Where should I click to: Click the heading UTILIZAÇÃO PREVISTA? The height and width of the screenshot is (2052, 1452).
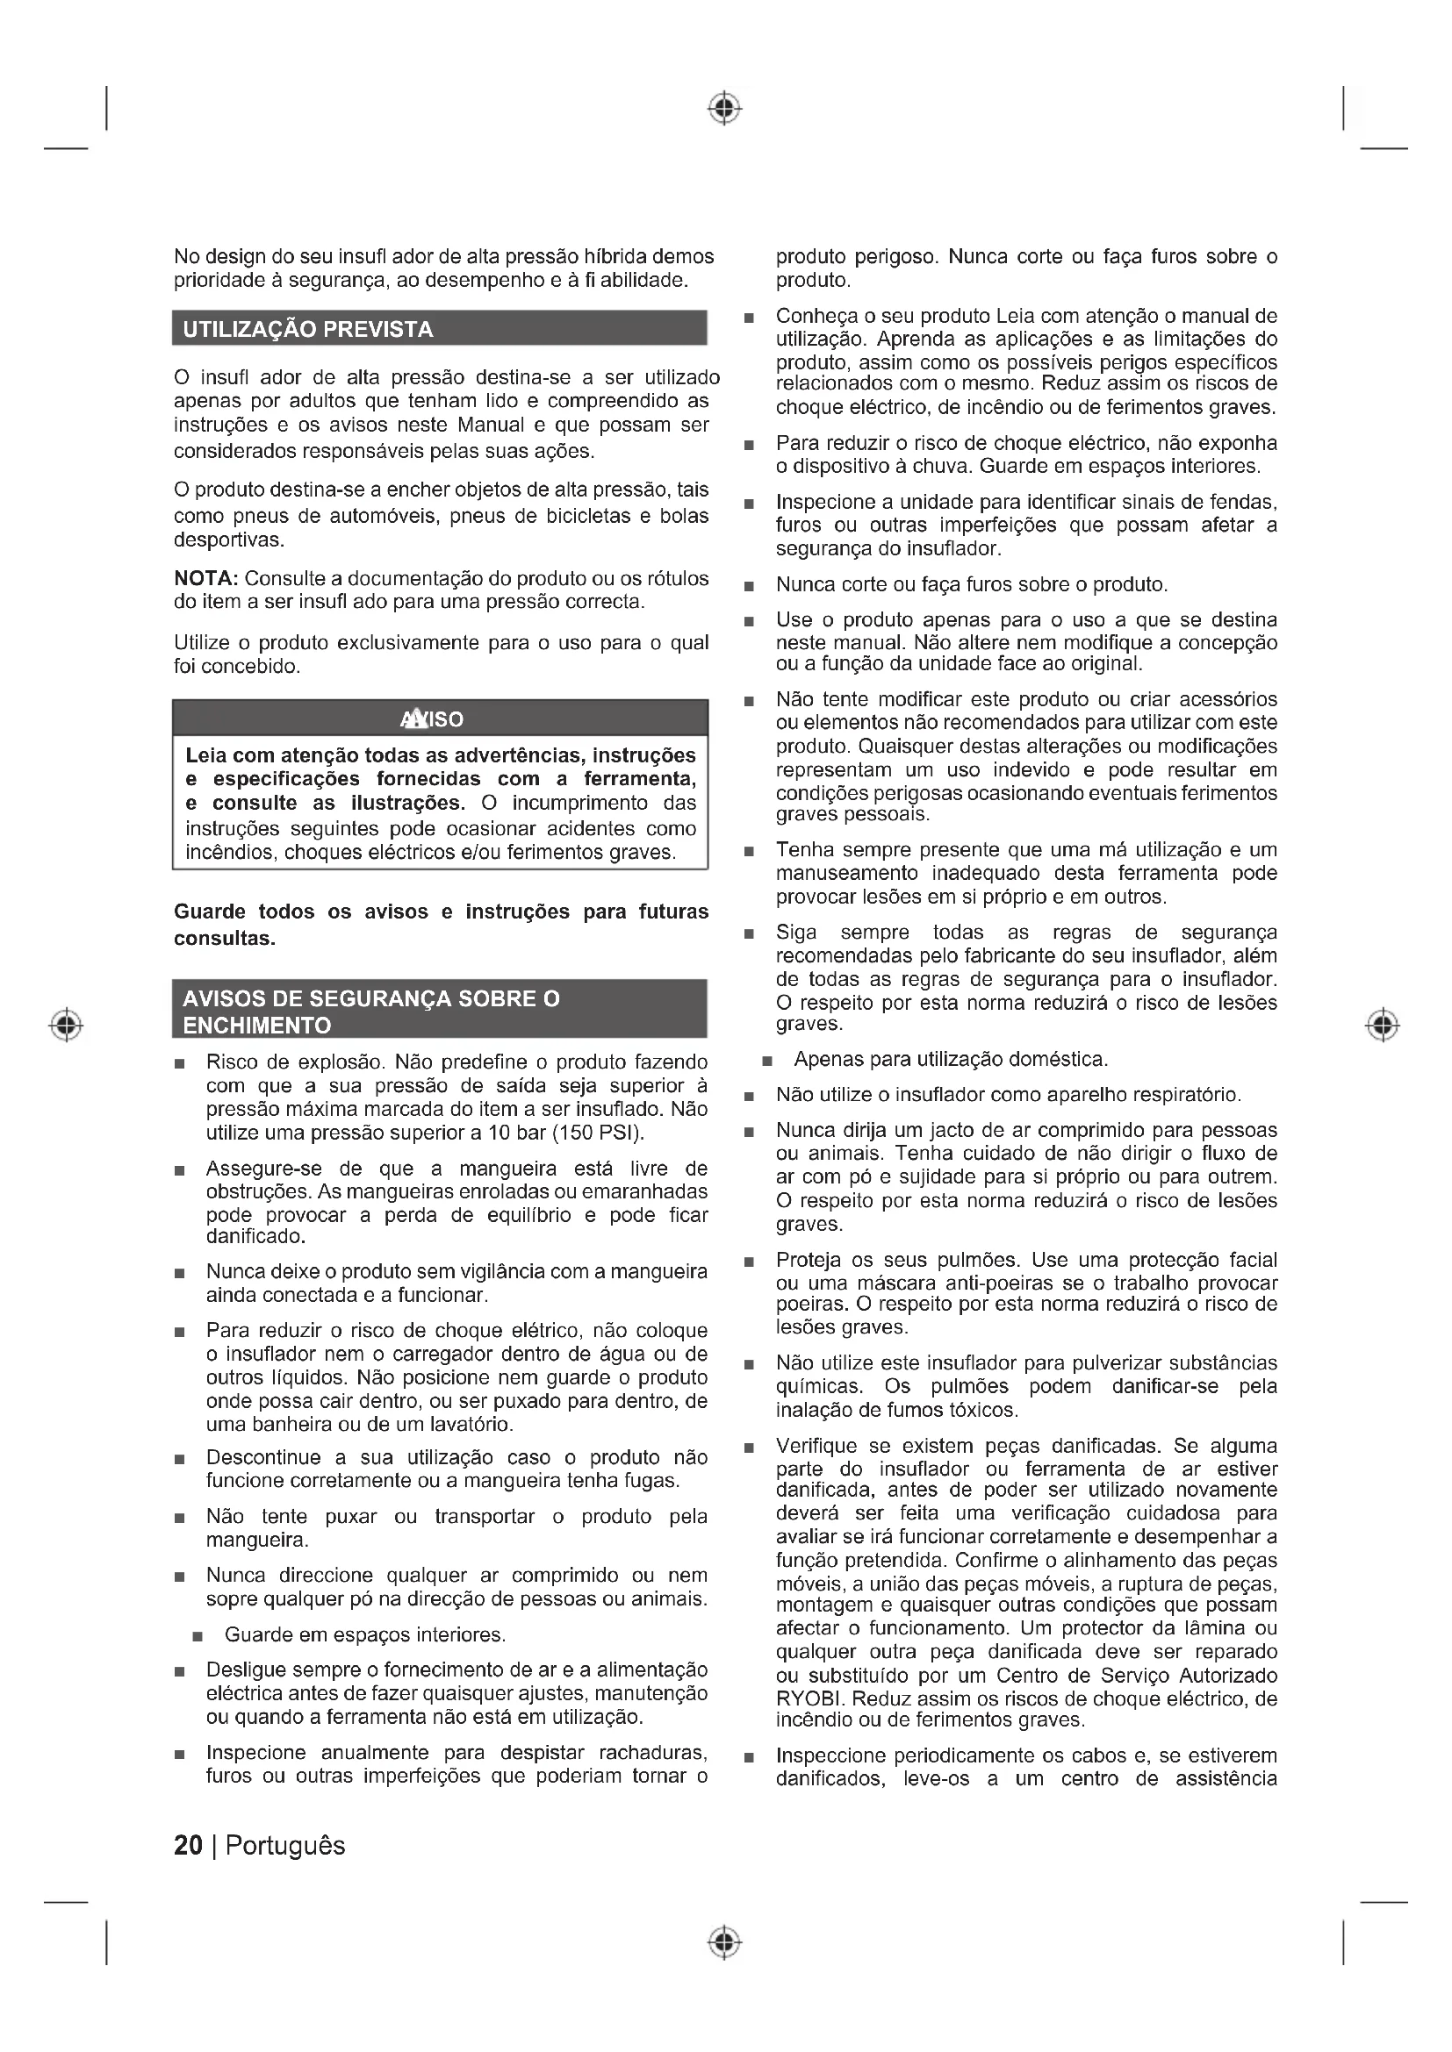(x=307, y=329)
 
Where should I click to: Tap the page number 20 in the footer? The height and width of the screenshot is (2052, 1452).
(x=188, y=1846)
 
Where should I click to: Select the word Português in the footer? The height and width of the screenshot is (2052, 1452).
(x=285, y=1846)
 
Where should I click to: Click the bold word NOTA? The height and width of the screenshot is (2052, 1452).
(x=205, y=578)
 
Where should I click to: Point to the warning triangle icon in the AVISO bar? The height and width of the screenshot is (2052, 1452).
(x=413, y=719)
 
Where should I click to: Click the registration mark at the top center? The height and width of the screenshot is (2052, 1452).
(x=725, y=108)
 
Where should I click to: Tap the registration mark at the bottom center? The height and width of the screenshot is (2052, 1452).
(x=725, y=1942)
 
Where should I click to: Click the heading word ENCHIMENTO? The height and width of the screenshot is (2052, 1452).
(x=256, y=1025)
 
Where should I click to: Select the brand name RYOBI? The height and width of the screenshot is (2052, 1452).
(x=803, y=1698)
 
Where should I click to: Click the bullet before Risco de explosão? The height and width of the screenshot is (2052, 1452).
(x=181, y=1063)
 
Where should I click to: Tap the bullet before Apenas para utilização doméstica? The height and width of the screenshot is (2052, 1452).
(x=767, y=1061)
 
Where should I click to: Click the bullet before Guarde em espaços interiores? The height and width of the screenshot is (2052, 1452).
(x=198, y=1636)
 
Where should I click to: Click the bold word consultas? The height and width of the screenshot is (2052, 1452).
(x=225, y=939)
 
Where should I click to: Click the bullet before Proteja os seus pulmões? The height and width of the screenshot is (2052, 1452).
(x=749, y=1262)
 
